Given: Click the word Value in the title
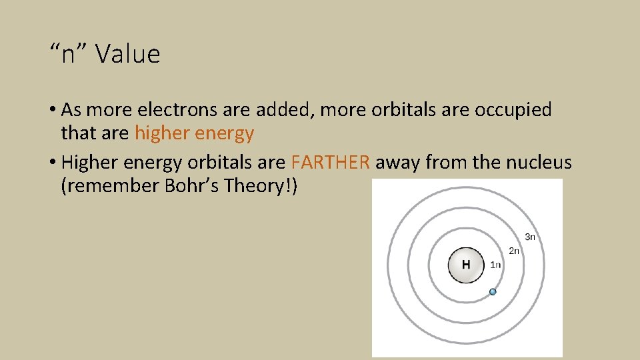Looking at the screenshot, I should click(x=128, y=54).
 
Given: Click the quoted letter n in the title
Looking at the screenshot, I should click(x=70, y=54).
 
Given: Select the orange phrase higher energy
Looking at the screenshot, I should click(x=194, y=133).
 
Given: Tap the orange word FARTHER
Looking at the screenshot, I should click(x=331, y=162).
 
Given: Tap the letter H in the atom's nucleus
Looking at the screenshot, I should click(x=466, y=265).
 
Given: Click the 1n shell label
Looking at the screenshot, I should click(x=495, y=265).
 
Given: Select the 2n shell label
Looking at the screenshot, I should click(x=514, y=251).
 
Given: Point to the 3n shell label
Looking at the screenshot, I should click(x=530, y=237).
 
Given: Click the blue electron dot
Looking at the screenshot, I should click(x=493, y=291).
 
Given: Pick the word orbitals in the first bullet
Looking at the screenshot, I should click(x=399, y=109).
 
